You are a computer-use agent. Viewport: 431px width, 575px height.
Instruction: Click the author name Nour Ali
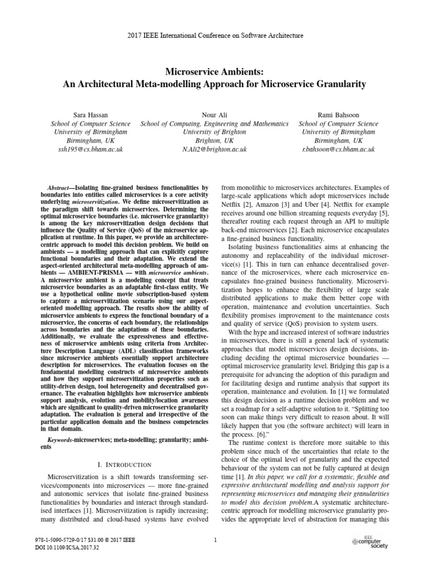[215, 115]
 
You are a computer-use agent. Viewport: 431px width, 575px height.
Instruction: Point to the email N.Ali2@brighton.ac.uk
[215, 150]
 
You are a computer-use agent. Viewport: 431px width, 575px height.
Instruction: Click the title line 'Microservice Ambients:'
[215, 72]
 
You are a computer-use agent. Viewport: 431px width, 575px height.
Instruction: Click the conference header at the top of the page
[215, 35]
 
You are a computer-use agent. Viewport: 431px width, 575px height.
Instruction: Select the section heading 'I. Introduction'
[124, 464]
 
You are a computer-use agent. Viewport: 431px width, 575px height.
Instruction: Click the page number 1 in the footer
[215, 540]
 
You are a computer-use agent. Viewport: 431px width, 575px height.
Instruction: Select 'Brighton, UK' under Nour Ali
[215, 142]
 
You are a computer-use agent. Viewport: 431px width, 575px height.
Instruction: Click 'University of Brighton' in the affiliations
[215, 133]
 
